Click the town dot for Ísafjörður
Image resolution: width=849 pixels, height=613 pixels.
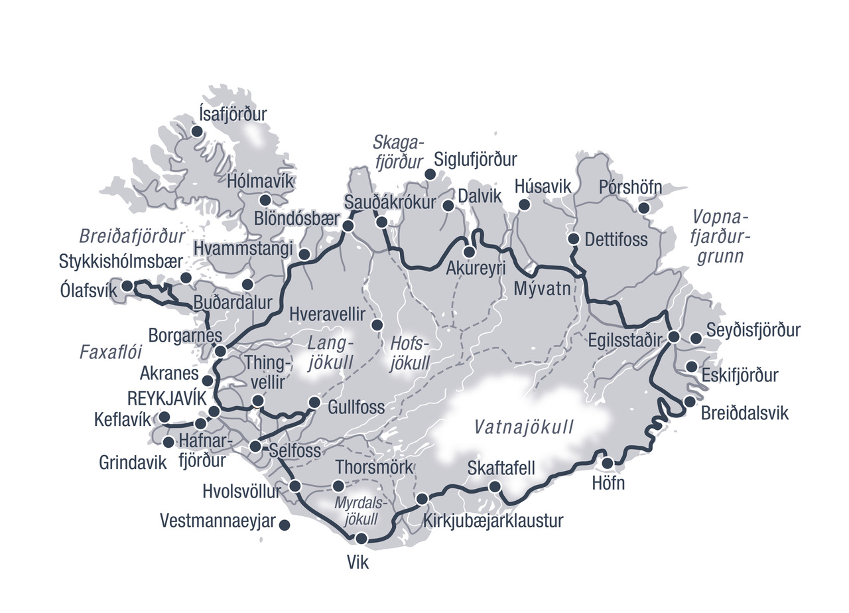pyautogui.click(x=197, y=131)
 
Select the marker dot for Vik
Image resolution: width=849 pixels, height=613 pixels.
pyautogui.click(x=361, y=538)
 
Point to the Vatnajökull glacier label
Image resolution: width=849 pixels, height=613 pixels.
pyautogui.click(x=523, y=427)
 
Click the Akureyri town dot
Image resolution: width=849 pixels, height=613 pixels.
pyautogui.click(x=470, y=252)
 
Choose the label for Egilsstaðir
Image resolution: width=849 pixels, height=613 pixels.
pyautogui.click(x=625, y=340)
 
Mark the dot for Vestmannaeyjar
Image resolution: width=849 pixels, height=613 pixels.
pyautogui.click(x=285, y=525)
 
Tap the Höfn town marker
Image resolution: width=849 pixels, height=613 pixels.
pyautogui.click(x=608, y=462)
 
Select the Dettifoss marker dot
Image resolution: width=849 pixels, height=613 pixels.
pyautogui.click(x=574, y=238)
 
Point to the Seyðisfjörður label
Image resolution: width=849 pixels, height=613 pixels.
pyautogui.click(x=753, y=330)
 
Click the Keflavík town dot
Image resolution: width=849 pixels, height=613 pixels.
pyautogui.click(x=164, y=417)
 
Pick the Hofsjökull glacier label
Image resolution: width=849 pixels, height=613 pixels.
pyautogui.click(x=411, y=354)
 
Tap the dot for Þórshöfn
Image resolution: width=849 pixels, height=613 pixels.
pyautogui.click(x=643, y=208)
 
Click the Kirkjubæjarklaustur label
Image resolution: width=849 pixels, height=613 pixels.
pyautogui.click(x=493, y=520)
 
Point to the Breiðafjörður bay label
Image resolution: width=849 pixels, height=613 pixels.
pyautogui.click(x=132, y=236)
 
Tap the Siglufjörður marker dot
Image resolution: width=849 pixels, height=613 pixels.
pyautogui.click(x=430, y=174)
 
